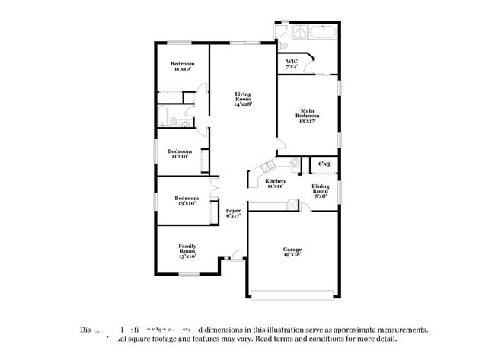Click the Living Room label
[x=242, y=98]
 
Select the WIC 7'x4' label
[x=292, y=64]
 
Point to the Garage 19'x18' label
[x=292, y=253]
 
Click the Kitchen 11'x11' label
[x=275, y=183]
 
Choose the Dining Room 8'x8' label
[x=320, y=190]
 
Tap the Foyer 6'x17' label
[x=233, y=213]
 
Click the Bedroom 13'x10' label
[x=187, y=200]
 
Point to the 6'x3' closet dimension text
[x=324, y=164]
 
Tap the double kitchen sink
[x=267, y=168]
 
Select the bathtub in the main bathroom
[x=319, y=33]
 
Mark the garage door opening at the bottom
[x=292, y=295]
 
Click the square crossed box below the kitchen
[x=289, y=205]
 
